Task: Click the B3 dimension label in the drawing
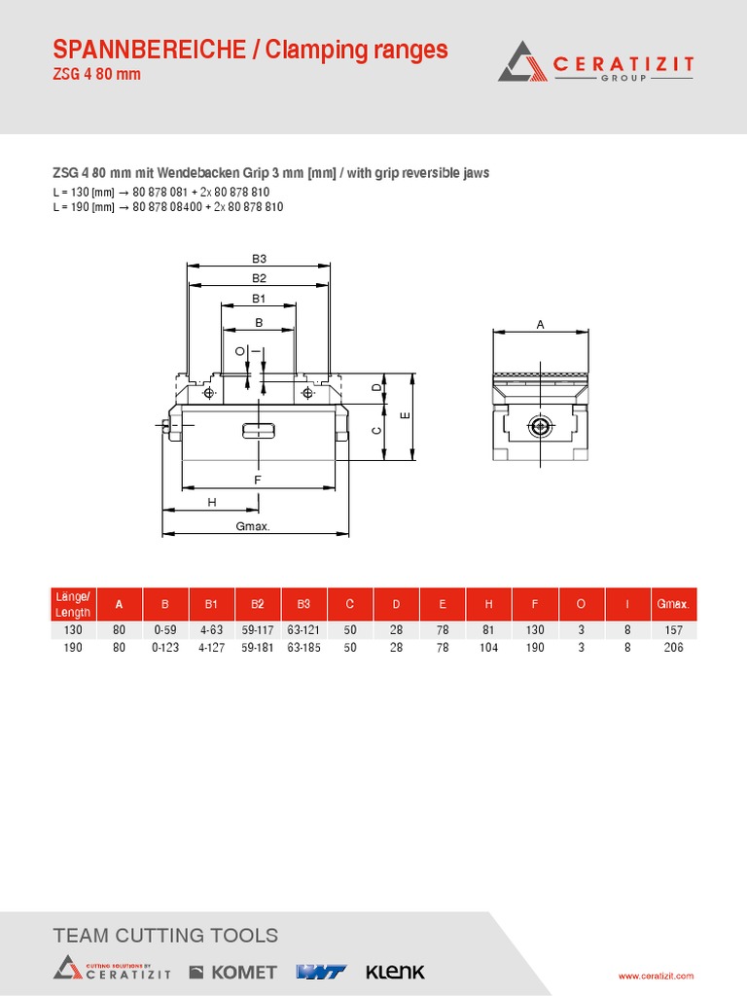259,259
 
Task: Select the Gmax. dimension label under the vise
253,526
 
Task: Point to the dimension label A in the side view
541,325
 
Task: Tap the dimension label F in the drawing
258,480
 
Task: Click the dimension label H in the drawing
211,502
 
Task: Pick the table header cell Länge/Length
73,604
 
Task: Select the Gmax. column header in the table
672,604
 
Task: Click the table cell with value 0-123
165,648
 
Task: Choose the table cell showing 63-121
303,630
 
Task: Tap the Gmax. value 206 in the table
672,648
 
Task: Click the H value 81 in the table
488,630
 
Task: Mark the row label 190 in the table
73,648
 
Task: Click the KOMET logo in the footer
232,972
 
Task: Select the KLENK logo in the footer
395,972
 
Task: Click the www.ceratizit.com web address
657,976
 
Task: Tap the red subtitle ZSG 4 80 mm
96,75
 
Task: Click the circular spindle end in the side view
540,426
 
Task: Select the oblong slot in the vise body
258,431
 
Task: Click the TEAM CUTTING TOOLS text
165,936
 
